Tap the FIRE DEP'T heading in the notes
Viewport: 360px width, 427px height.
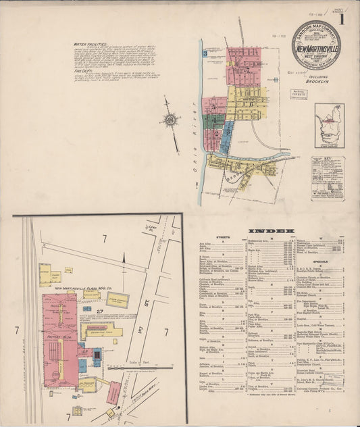[x=82, y=70]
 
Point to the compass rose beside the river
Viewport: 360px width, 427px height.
[x=170, y=120]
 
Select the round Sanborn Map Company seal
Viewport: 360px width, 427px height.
[x=316, y=45]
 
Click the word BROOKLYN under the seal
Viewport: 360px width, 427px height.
[x=316, y=78]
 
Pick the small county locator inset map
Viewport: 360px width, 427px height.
[x=329, y=125]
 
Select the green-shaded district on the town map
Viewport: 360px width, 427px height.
[x=214, y=122]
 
